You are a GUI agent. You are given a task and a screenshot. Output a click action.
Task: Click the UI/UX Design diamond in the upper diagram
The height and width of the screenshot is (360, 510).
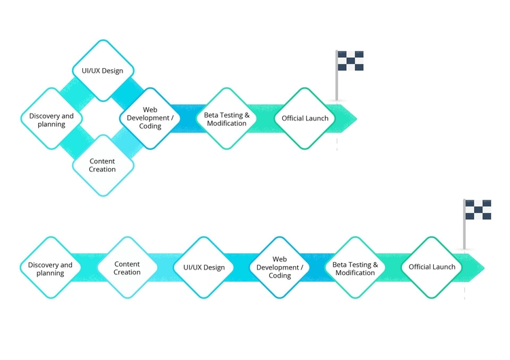pyautogui.click(x=103, y=70)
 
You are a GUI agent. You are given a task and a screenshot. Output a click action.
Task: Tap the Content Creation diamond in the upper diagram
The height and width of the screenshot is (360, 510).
pyautogui.click(x=103, y=165)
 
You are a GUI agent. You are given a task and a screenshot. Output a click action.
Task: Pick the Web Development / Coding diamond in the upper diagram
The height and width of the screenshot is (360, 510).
pyautogui.click(x=151, y=118)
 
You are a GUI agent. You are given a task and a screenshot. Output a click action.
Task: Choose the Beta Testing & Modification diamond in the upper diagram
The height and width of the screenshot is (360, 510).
pyautogui.click(x=226, y=118)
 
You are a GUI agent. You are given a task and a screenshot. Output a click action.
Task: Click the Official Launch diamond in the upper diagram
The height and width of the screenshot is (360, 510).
pyautogui.click(x=305, y=118)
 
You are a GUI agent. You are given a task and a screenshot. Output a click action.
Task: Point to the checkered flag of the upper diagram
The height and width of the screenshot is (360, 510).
pyautogui.click(x=350, y=61)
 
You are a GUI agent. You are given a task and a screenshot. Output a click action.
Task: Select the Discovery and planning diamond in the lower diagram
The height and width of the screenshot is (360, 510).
pyautogui.click(x=51, y=267)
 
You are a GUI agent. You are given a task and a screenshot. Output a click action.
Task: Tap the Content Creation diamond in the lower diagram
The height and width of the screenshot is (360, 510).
pyautogui.click(x=127, y=267)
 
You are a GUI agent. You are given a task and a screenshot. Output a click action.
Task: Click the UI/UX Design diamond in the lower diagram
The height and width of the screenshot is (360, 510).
pyautogui.click(x=204, y=267)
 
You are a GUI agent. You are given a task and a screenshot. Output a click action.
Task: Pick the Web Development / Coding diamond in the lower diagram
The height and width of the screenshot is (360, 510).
pyautogui.click(x=280, y=267)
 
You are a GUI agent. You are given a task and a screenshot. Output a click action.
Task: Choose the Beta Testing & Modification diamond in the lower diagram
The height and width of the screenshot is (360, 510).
pyautogui.click(x=355, y=267)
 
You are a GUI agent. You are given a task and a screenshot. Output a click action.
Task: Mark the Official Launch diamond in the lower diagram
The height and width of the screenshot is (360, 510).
pyautogui.click(x=432, y=267)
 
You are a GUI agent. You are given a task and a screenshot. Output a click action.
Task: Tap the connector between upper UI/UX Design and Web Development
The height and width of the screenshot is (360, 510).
pyautogui.click(x=128, y=93)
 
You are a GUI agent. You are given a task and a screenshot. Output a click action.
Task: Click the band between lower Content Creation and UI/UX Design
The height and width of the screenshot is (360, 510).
pyautogui.click(x=165, y=267)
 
